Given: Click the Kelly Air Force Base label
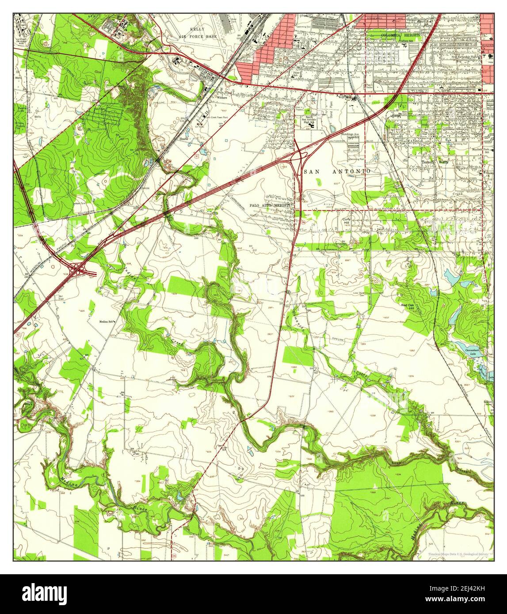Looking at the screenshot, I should [203, 33].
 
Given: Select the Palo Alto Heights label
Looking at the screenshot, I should [270, 205].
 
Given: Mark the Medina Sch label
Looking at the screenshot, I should [106, 321].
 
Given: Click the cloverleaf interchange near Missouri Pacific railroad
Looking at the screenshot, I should [78, 268].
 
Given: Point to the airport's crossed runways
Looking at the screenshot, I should [325, 197].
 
